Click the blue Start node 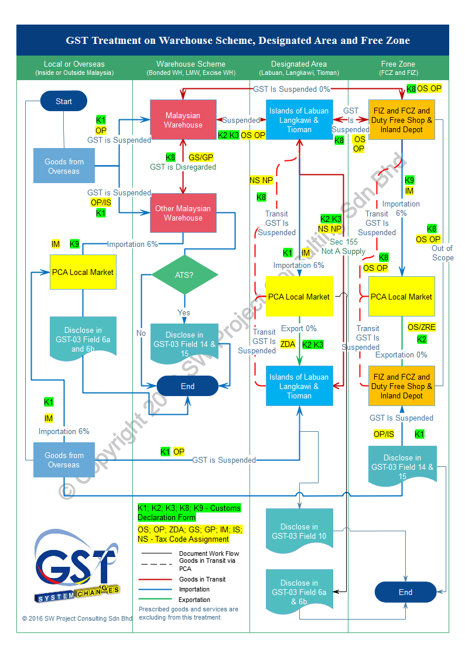click(x=63, y=101)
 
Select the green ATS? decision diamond click(x=184, y=274)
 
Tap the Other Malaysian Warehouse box click(x=183, y=213)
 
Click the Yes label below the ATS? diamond click(x=184, y=312)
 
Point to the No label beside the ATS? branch click(x=141, y=333)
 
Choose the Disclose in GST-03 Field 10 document click(x=299, y=531)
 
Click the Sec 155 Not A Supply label click(x=344, y=246)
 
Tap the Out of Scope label click(x=443, y=253)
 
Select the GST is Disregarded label click(x=183, y=167)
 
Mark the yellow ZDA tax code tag click(x=288, y=344)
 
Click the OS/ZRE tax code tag click(x=422, y=327)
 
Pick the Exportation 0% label click(x=401, y=355)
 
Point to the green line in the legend click(x=155, y=598)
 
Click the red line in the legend click(x=155, y=580)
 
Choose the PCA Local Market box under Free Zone click(x=402, y=297)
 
